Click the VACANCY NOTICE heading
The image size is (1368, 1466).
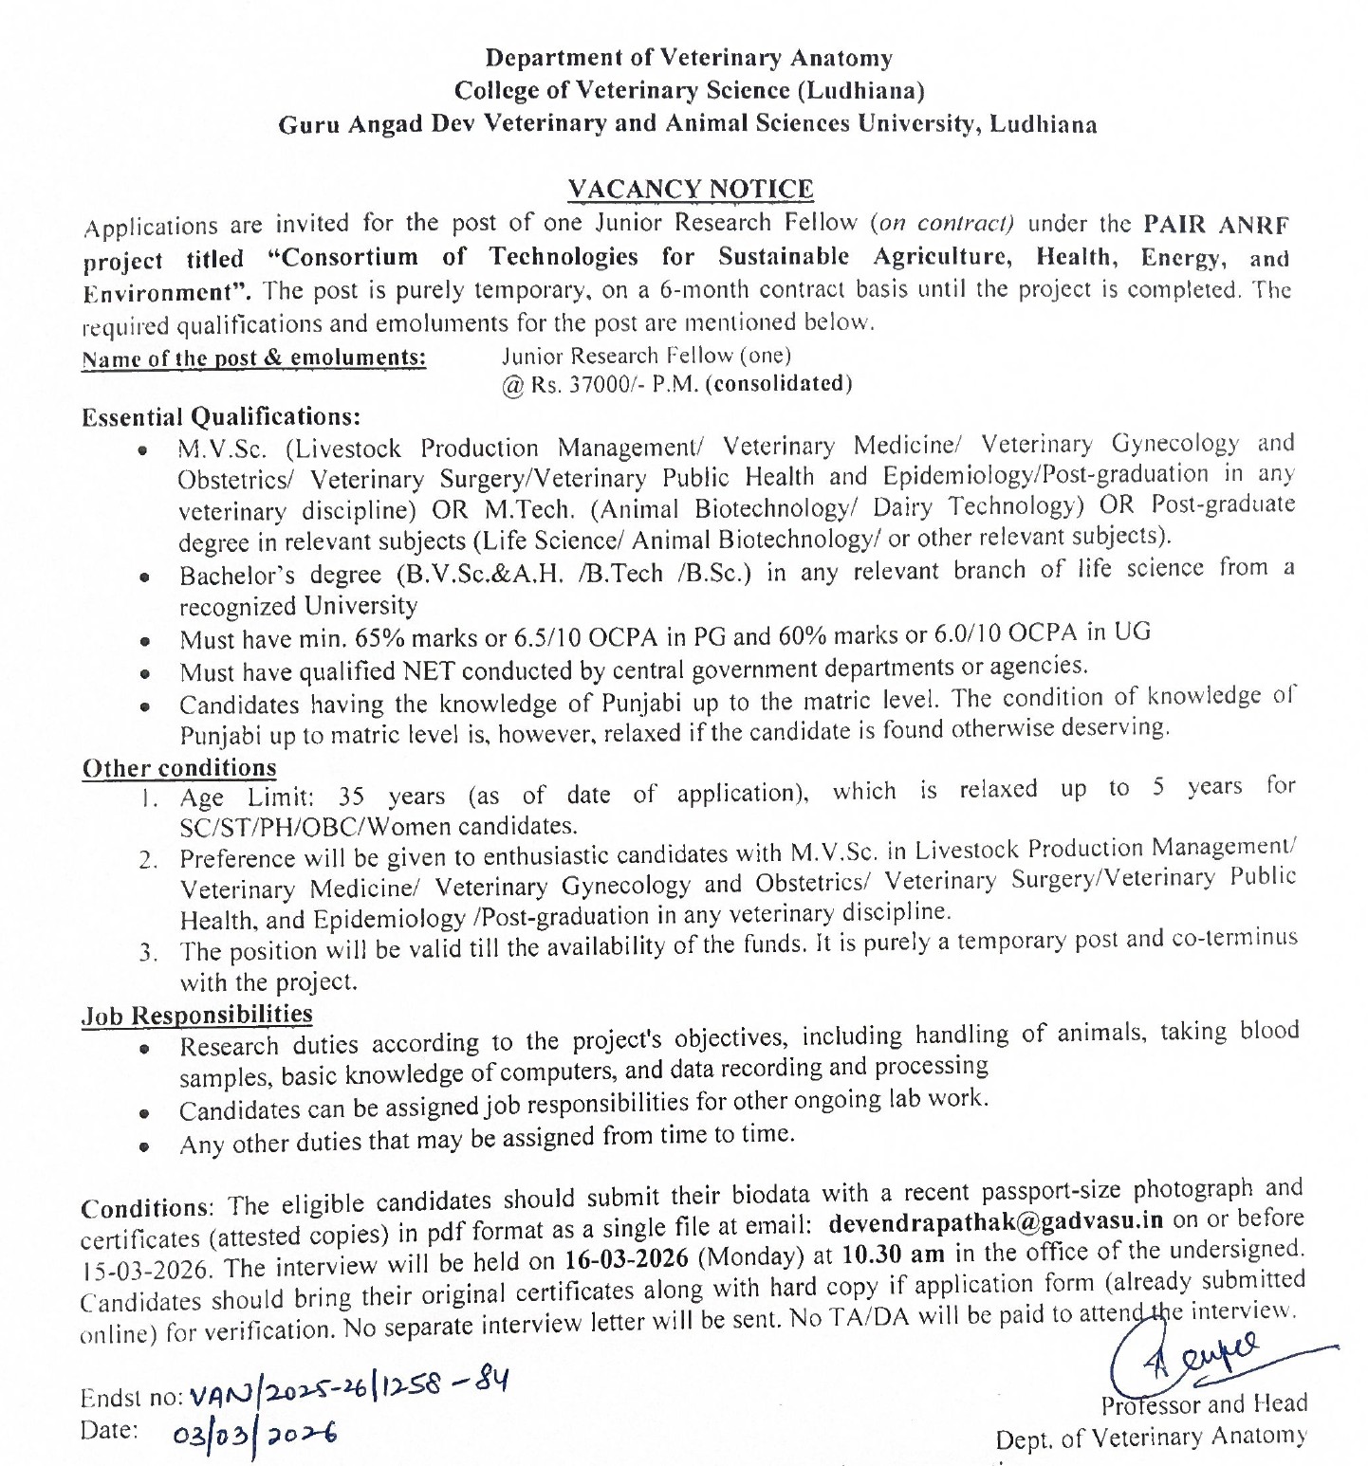coord(690,190)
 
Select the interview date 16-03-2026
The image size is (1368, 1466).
coord(626,1259)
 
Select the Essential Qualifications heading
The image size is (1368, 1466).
coord(221,417)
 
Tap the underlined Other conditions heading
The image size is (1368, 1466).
coord(179,768)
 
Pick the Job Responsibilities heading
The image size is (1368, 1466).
coord(196,1016)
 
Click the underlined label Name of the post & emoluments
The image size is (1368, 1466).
coord(253,358)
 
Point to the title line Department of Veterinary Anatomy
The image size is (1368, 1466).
coord(689,58)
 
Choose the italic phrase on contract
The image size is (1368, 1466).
coord(946,224)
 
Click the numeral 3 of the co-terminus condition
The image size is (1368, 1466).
coord(148,953)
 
